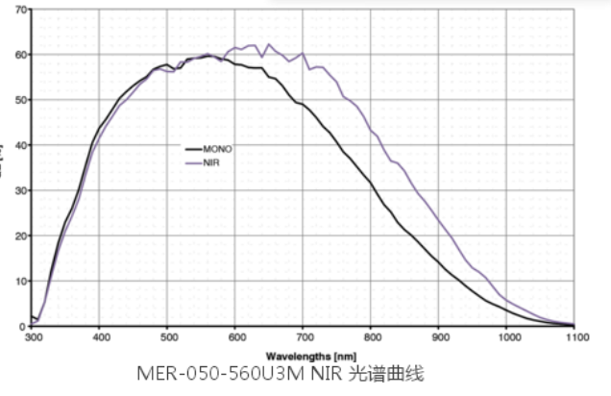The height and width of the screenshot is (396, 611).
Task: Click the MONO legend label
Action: pos(218,149)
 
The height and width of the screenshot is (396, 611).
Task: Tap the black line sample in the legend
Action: pos(192,149)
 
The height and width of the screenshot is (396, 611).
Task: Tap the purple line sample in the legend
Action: pos(192,161)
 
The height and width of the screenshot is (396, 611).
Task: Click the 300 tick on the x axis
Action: pos(34,337)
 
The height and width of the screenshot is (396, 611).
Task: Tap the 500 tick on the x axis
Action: pos(168,337)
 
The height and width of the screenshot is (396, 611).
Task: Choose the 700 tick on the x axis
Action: pos(304,337)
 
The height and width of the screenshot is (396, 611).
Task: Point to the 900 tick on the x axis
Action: pos(439,337)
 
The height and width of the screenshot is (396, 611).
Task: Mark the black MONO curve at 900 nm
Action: pos(439,262)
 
